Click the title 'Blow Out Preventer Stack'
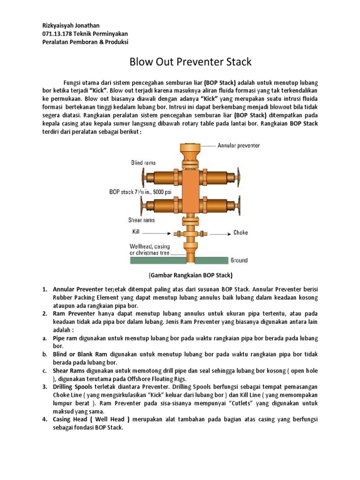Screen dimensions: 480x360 click(x=190, y=61)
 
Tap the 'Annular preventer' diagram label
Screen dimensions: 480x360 click(x=238, y=146)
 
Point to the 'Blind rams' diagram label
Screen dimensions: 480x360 click(x=143, y=163)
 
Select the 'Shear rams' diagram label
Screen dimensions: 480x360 click(x=142, y=219)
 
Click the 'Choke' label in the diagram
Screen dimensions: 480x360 click(x=240, y=232)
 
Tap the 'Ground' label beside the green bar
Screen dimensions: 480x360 click(x=239, y=260)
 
